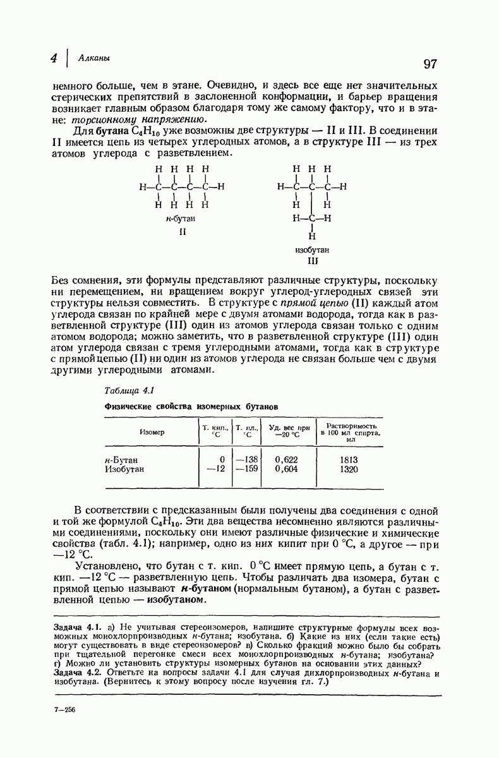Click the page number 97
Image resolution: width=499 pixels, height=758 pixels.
click(430, 64)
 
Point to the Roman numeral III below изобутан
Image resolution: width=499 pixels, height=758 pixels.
click(311, 260)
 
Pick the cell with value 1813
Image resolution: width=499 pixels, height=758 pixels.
click(349, 460)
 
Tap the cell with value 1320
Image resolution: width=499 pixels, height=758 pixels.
click(349, 469)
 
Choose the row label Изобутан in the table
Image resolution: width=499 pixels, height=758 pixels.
click(124, 469)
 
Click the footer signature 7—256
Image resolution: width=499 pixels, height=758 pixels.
click(65, 709)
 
